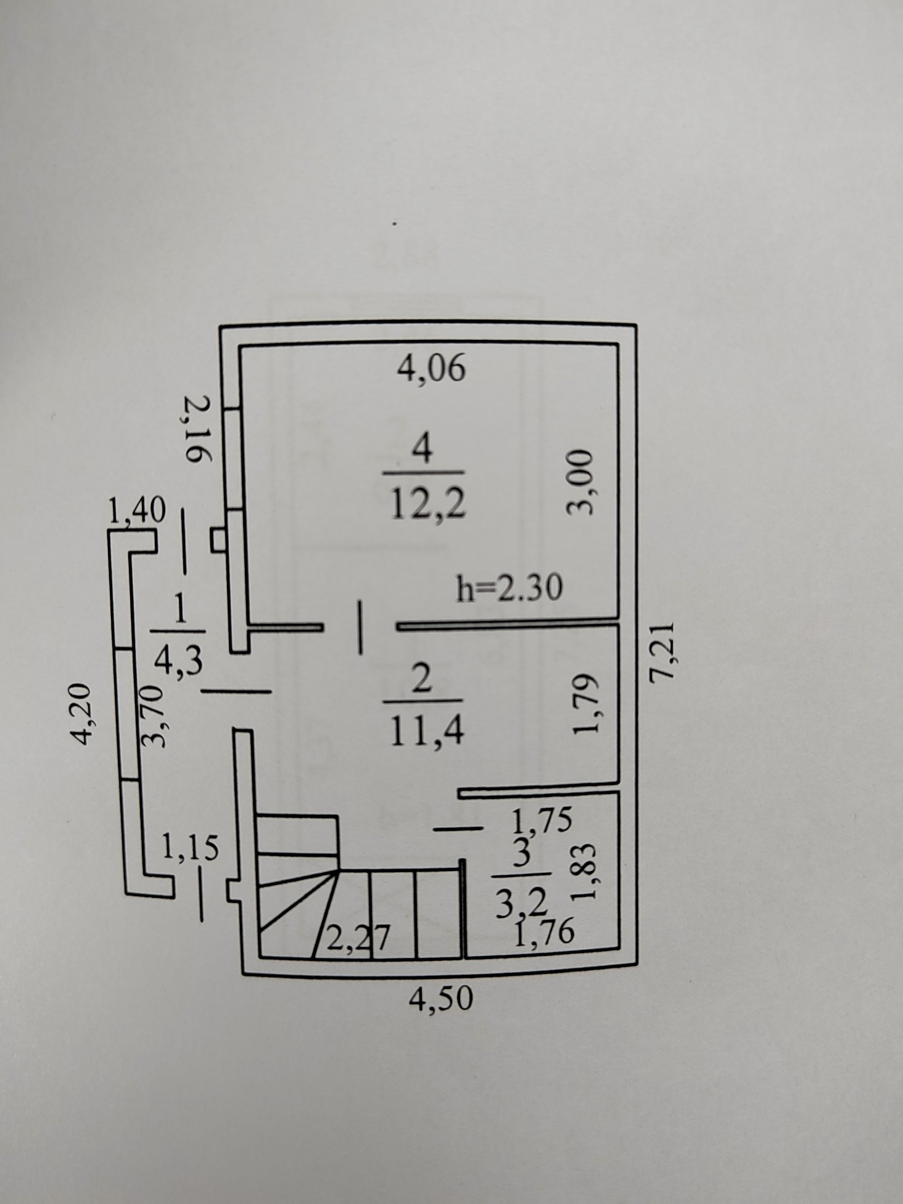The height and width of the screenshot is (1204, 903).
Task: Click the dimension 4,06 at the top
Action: [x=431, y=369]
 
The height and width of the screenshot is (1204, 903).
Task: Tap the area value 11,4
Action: [x=426, y=733]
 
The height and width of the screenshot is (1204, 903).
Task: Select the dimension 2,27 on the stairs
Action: [x=358, y=939]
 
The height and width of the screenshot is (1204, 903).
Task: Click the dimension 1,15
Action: [x=190, y=849]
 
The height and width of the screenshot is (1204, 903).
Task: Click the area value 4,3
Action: [x=178, y=662]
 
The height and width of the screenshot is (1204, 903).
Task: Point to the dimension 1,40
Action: [x=136, y=511]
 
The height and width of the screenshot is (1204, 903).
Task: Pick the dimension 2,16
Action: [x=198, y=430]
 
